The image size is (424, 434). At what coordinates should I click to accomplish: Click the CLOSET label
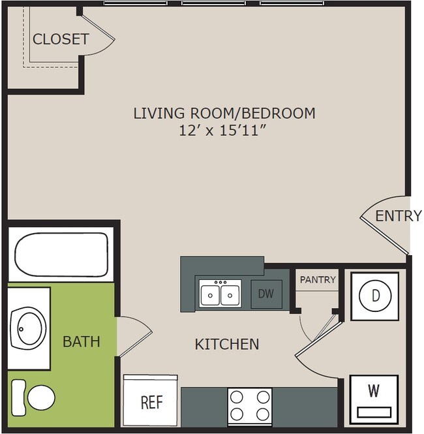pos(61,39)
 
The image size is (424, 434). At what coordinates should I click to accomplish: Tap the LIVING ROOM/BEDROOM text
pos(224,113)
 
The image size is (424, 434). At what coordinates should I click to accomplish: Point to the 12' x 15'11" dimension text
pos(224,131)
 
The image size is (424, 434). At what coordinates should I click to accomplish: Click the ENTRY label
pos(399,216)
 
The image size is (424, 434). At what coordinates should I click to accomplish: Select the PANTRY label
pos(318,279)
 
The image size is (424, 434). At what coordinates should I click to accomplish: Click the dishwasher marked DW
pos(265,294)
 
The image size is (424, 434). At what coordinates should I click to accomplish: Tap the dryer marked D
pos(375,295)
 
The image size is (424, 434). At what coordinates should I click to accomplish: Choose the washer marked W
pos(374,398)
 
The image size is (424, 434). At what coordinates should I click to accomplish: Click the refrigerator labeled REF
pos(151,401)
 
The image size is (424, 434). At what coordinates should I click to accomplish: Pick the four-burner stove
pos(250,405)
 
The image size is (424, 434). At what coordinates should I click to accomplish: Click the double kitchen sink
pos(220,294)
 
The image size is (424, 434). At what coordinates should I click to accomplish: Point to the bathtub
pos(61,254)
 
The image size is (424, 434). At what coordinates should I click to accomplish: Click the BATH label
pos(82,341)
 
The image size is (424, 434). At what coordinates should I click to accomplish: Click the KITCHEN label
pos(227,344)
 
